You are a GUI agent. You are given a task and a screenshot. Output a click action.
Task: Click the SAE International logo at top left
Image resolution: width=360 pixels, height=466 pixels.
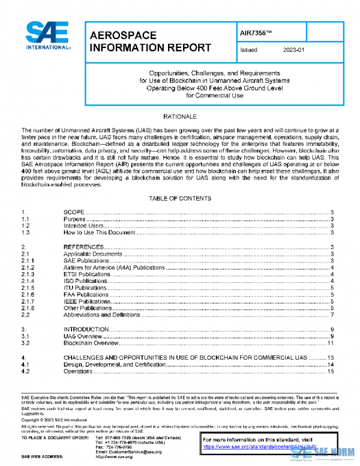click(x=47, y=36)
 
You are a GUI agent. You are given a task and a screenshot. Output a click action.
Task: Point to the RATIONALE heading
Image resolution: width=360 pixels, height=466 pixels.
click(x=179, y=116)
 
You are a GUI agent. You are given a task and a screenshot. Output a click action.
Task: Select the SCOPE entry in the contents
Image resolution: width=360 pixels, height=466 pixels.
click(x=73, y=213)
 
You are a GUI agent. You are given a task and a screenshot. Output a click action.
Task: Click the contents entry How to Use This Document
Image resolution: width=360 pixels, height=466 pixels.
click(x=100, y=232)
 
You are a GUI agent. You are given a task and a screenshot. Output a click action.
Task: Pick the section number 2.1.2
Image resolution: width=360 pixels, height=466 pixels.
click(x=28, y=267)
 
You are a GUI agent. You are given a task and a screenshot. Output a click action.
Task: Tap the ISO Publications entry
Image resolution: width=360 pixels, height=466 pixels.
click(x=86, y=281)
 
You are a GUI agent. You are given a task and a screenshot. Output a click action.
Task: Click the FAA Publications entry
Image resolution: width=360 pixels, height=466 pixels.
click(x=86, y=295)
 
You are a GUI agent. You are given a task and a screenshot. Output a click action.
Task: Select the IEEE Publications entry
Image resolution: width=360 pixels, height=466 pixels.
click(x=88, y=301)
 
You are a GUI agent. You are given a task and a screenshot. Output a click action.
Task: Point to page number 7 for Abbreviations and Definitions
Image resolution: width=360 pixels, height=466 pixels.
click(x=331, y=315)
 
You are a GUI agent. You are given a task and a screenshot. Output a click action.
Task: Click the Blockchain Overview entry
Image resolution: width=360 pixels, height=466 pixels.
click(x=89, y=343)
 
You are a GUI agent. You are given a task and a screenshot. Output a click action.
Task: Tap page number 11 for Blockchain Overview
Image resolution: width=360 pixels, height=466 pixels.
click(x=330, y=343)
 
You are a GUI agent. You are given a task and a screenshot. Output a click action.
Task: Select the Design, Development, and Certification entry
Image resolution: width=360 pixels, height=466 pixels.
click(x=115, y=365)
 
